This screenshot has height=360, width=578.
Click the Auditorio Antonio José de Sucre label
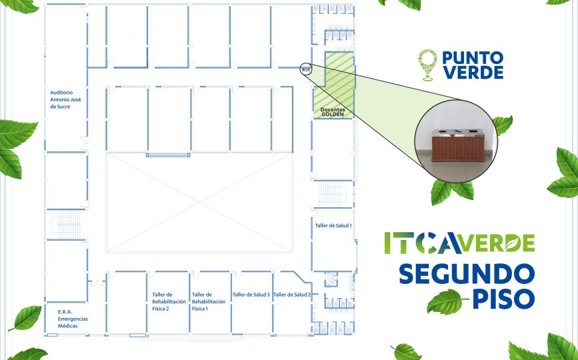[65, 99]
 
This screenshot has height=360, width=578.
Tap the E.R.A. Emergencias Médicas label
[73, 319]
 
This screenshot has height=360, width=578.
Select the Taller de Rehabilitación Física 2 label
[169, 301]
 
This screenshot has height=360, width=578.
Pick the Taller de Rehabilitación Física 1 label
[208, 301]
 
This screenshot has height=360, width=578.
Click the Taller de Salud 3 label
[251, 295]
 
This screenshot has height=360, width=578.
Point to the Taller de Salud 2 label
[292, 295]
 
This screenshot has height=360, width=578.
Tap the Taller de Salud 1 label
[333, 225]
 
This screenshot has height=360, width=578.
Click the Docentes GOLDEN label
[333, 112]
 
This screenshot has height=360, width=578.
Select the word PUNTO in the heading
[473, 57]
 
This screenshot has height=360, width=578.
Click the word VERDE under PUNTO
[473, 73]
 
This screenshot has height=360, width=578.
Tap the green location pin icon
[427, 65]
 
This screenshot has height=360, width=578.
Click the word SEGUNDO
[467, 274]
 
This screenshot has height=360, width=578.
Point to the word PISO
[503, 299]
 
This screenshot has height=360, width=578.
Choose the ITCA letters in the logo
[423, 243]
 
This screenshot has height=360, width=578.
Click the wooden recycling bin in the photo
[458, 145]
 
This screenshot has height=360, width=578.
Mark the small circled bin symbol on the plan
[306, 69]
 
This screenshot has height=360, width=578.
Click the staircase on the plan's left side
[66, 225]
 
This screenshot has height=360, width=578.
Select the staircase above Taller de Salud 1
[333, 194]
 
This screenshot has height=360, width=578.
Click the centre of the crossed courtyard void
[199, 203]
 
